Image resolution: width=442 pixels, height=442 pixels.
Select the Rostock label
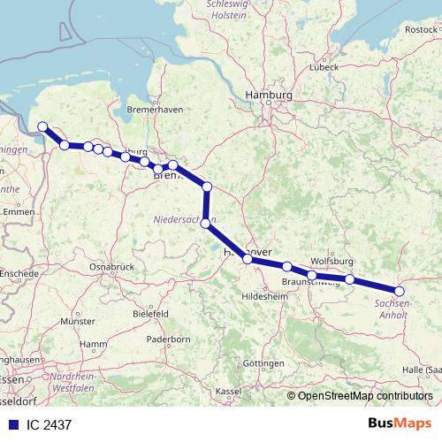click(421, 29)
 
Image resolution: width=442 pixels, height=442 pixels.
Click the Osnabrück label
click(111, 266)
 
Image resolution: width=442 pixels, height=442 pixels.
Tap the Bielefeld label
click(150, 314)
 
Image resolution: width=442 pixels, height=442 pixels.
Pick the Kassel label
click(227, 391)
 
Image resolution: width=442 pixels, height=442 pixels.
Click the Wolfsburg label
click(332, 262)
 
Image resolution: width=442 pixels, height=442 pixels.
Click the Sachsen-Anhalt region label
click(392, 309)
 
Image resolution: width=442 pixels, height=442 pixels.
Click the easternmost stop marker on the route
click(399, 291)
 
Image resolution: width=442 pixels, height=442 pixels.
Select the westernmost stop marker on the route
click(43, 127)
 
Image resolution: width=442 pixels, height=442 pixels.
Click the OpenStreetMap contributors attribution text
click(365, 395)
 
